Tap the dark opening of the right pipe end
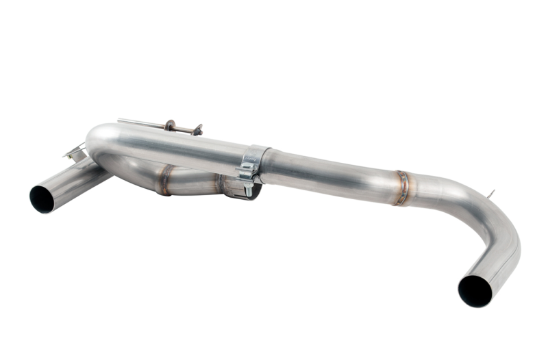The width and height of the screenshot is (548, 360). point(475,290)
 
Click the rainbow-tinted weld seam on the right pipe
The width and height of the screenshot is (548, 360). point(402,188)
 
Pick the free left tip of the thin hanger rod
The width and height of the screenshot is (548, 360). point(119,120)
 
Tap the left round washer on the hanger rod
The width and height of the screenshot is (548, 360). point(169,126)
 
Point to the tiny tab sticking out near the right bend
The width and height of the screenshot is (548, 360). point(490,196)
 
